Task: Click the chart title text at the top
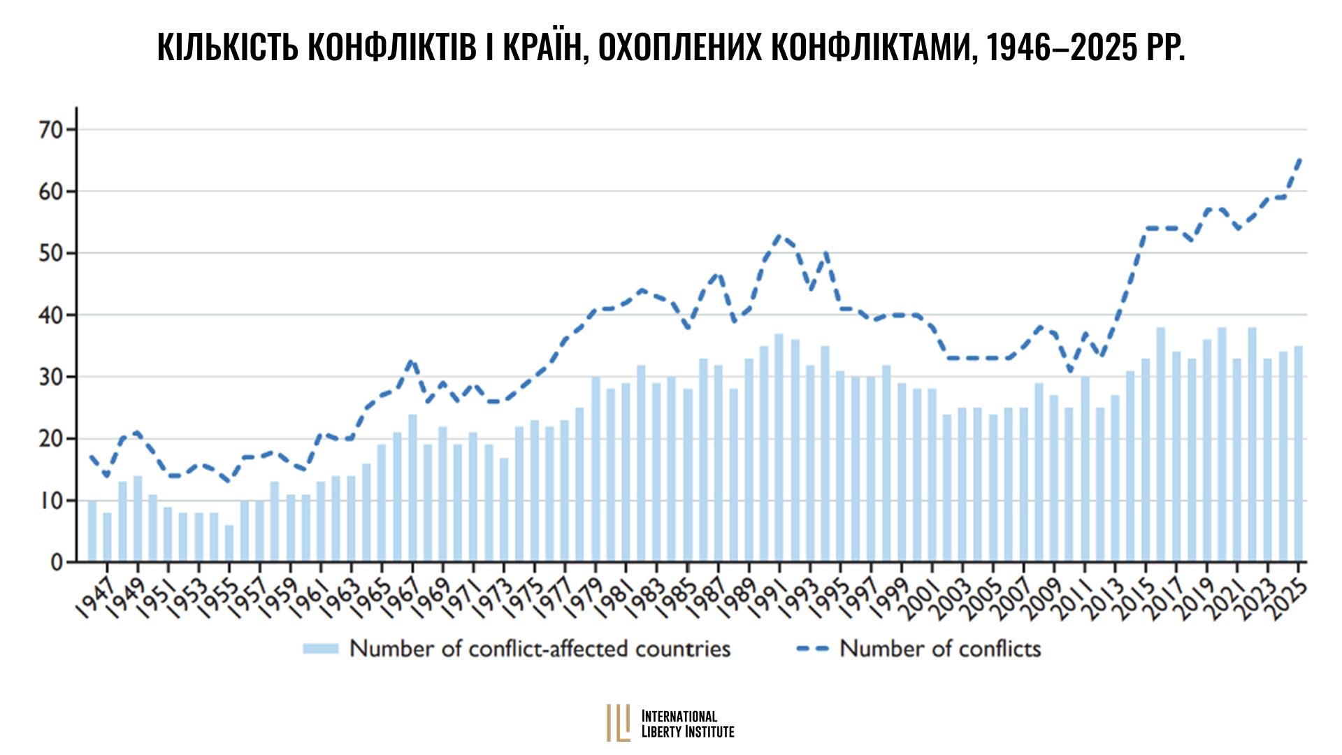click(671, 48)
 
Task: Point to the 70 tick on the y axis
click(52, 130)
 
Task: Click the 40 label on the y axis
click(52, 315)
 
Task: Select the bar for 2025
click(1298, 454)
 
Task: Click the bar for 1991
click(779, 447)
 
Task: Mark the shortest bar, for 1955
click(229, 543)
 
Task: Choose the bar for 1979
click(596, 469)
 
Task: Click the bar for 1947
click(108, 537)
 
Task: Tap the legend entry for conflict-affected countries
click(517, 649)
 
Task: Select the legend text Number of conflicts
click(940, 649)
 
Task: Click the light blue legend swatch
click(320, 649)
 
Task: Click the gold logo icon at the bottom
click(619, 722)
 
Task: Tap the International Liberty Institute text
click(688, 724)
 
